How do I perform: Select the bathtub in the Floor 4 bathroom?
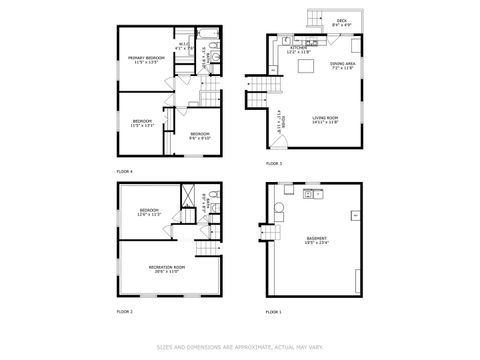tap(205, 46)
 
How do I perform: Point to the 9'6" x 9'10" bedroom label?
tap(199, 136)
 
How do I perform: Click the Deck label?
tap(342, 21)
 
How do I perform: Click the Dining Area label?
tap(343, 66)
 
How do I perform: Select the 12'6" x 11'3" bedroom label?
tap(148, 212)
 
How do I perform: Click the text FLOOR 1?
tap(273, 313)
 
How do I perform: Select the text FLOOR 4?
tap(124, 171)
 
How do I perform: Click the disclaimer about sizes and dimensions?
tap(240, 349)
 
